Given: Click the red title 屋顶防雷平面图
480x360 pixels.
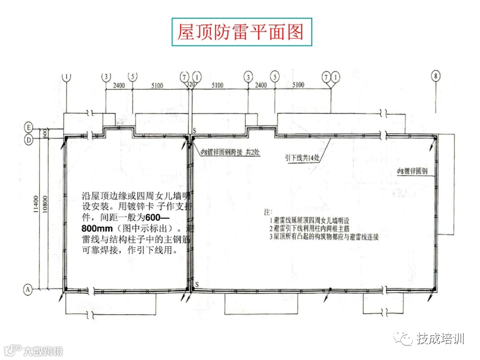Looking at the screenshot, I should [x=240, y=32].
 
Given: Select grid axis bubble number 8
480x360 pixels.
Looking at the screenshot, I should [x=436, y=76].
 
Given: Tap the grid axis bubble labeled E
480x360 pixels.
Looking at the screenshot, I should [x=29, y=127].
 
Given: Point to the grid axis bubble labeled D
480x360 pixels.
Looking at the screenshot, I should [x=29, y=140].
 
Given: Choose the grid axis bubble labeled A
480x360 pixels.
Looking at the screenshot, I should [x=29, y=288].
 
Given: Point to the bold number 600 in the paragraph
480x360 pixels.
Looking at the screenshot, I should [x=169, y=217].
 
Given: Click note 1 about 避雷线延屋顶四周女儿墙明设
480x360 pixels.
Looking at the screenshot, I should [x=311, y=220].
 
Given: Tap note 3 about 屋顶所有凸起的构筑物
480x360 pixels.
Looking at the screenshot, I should [x=322, y=237].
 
